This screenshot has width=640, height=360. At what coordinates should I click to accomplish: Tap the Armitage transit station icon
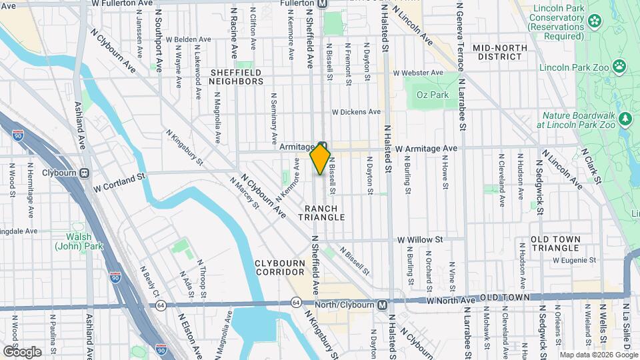coord(322,146)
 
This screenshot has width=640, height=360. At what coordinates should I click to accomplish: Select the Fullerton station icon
coord(322,4)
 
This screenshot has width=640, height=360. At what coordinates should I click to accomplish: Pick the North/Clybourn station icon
coord(381,304)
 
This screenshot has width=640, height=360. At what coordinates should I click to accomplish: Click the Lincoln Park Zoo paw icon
coord(620,65)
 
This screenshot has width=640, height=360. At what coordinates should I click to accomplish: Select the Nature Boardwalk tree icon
coord(625,119)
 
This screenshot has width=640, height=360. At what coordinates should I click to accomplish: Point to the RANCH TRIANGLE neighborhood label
coord(321,213)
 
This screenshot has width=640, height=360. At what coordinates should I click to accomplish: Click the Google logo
coord(22,351)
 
